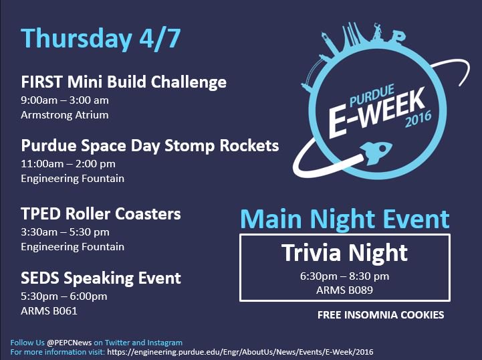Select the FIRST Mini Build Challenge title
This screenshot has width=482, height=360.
124,82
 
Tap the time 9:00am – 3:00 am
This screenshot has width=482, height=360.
65,100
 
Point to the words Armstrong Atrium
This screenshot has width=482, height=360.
65,114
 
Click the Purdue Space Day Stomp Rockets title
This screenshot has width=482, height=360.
150,145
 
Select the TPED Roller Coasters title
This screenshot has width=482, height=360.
101,214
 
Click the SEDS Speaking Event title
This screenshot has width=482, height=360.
101,277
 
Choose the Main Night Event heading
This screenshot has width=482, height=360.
345,219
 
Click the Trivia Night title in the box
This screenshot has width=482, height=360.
344,253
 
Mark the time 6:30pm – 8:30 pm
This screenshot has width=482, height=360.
344,276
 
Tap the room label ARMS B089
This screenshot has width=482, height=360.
344,290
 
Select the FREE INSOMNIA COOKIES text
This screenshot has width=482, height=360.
380,314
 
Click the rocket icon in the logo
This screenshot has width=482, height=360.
372,148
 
